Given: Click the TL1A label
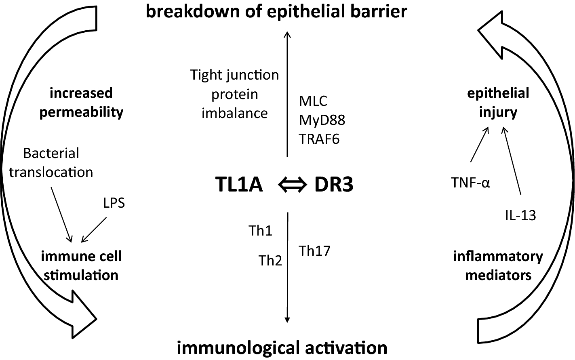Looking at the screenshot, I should coord(239,185).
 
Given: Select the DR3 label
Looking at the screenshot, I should coord(333,185).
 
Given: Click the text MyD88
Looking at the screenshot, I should coord(322,120).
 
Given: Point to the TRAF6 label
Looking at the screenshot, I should coord(319,139).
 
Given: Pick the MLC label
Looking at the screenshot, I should coord(313,101).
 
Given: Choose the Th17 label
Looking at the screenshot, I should coord(315,251).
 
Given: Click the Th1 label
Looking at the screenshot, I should coord(260,231).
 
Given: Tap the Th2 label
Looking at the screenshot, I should coord(270,261).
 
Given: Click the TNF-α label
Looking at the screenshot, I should coord(471,183).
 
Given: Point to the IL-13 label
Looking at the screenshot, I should coord(520,215).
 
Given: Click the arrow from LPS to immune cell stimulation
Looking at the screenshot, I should coord(93,230).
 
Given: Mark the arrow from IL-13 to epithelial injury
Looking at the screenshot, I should coord(512,162).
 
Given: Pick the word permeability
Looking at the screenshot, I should coord(81,112).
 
